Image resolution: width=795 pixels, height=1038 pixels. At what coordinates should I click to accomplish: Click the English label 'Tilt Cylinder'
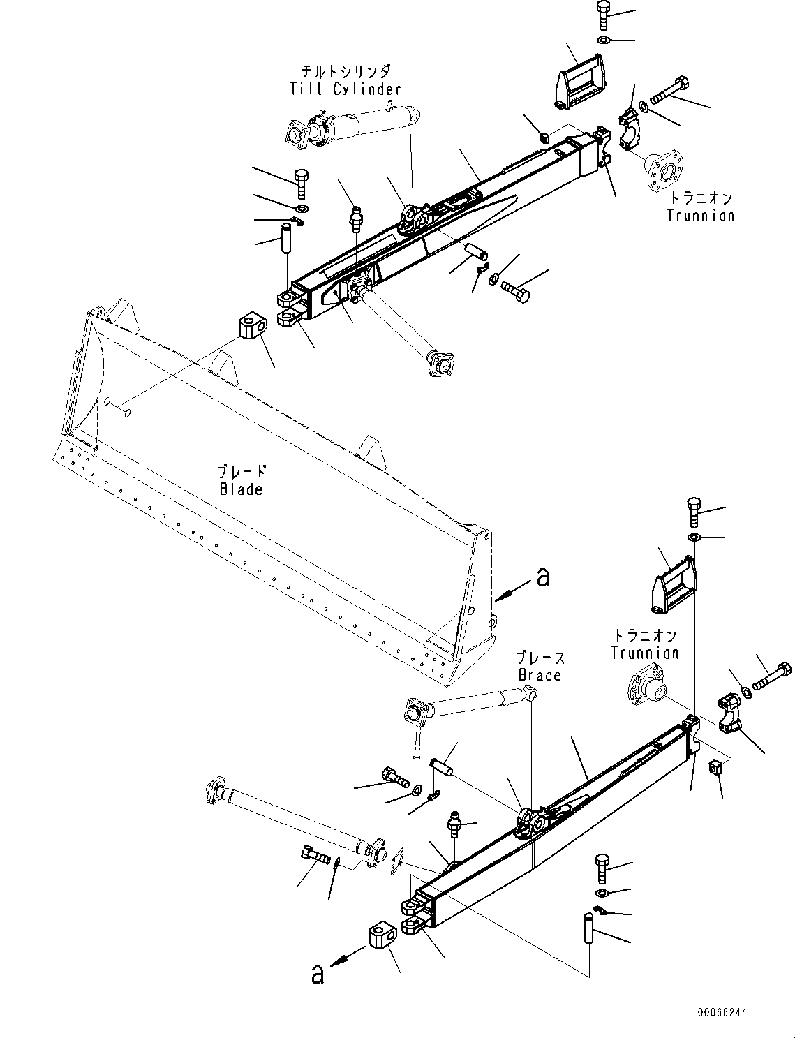[x=346, y=89]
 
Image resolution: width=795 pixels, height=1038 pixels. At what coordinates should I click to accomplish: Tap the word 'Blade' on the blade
[x=241, y=489]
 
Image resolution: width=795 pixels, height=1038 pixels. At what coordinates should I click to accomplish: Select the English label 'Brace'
[x=540, y=675]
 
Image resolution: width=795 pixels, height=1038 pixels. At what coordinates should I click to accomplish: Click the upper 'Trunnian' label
[x=700, y=215]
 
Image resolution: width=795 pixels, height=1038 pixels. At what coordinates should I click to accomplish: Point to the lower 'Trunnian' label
[x=644, y=653]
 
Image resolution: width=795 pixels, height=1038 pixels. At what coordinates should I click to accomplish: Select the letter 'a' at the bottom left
[x=318, y=974]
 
